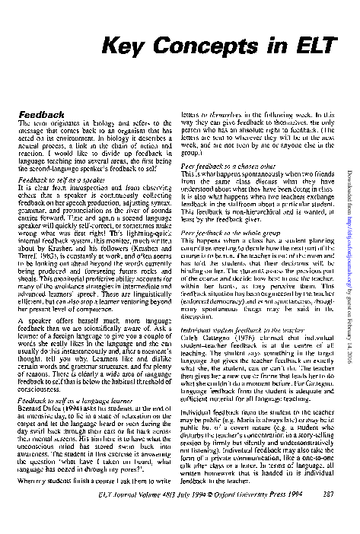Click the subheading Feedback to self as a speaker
click(64, 180)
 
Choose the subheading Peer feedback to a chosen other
click(228, 165)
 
